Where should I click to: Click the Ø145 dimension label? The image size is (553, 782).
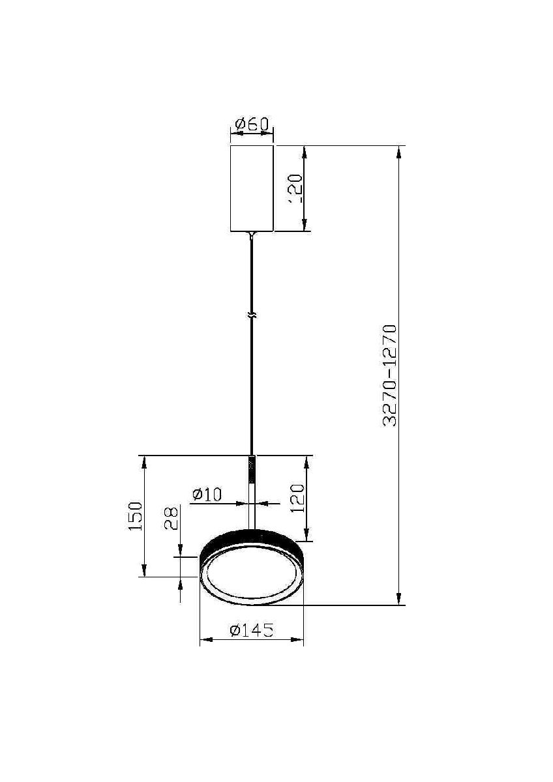tap(251, 630)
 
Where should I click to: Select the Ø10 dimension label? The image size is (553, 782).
tap(207, 495)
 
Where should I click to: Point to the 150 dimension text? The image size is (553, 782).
tap(135, 515)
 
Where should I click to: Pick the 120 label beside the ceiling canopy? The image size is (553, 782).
tap(295, 189)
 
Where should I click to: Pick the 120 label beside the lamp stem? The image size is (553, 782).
tap(297, 499)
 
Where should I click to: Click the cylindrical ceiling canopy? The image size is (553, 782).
tap(252, 188)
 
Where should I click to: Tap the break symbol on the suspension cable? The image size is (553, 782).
tap(252, 316)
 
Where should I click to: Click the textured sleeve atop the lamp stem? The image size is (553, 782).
tap(252, 469)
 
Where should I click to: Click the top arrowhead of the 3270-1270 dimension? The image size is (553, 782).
tap(399, 151)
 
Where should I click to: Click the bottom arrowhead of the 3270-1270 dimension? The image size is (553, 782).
tap(399, 600)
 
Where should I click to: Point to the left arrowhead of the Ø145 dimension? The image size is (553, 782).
tap(204, 640)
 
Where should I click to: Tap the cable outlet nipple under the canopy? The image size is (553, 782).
tap(252, 235)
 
